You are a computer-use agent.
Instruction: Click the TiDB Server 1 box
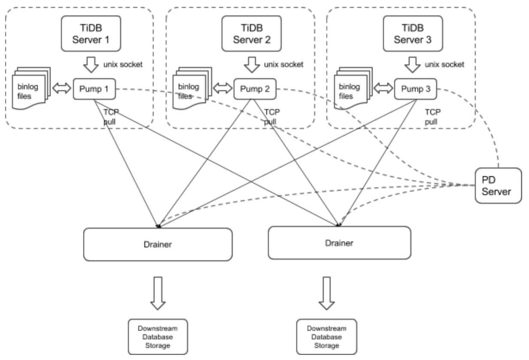tap(91, 34)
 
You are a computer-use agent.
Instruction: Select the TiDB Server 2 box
tap(252, 34)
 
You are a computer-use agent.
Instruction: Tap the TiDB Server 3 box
tap(413, 34)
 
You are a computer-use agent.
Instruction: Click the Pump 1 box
tap(94, 89)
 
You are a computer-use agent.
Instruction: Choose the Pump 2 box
tap(255, 89)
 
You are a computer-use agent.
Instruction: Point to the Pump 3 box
tap(415, 89)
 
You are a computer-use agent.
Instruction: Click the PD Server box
tap(498, 186)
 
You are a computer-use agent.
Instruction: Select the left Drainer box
tap(158, 244)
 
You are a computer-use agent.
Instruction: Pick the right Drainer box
tap(339, 243)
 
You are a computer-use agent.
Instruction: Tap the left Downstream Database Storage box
tap(158, 337)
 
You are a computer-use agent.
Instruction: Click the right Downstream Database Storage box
tap(327, 337)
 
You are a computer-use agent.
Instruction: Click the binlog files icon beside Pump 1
tap(31, 88)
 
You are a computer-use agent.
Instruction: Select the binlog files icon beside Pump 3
tap(353, 88)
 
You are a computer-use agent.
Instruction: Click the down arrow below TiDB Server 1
tap(91, 65)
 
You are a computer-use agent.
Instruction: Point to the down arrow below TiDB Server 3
tap(413, 65)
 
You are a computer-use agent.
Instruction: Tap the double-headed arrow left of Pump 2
tap(222, 88)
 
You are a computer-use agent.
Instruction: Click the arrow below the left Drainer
tap(158, 293)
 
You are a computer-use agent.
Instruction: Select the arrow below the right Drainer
tap(327, 293)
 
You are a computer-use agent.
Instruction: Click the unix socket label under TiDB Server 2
tap(283, 64)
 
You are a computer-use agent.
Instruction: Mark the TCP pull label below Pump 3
tap(433, 117)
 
